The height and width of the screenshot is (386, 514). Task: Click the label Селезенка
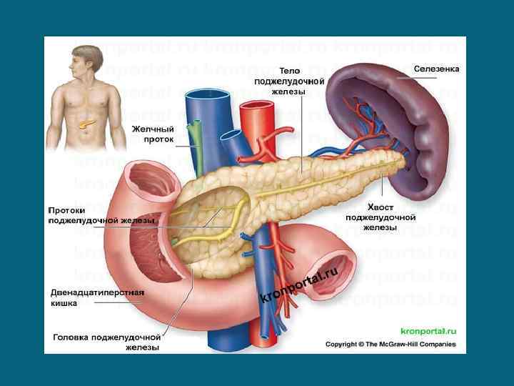tap(437, 69)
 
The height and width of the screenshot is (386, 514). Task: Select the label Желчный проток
tap(153, 134)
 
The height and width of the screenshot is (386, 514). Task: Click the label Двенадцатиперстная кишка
tap(97, 297)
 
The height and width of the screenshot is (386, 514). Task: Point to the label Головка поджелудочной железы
tap(106, 342)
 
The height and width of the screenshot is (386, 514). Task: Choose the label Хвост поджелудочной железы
tap(381, 217)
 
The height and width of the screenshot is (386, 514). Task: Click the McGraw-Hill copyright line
tap(390, 345)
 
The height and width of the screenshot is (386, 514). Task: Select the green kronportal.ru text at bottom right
tap(428, 332)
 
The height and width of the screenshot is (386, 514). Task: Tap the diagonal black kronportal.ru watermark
tap(300, 285)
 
